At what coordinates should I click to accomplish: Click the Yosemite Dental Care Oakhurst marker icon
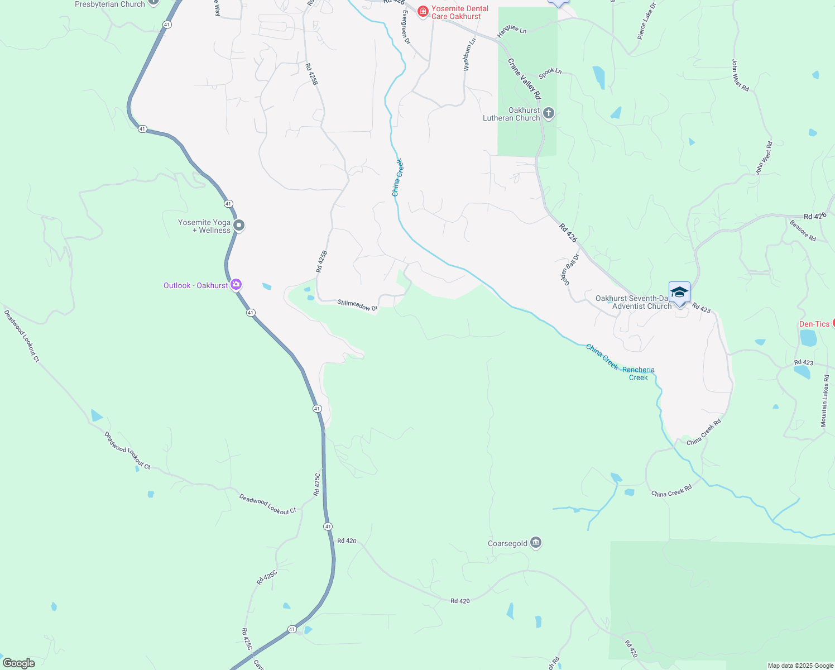(423, 11)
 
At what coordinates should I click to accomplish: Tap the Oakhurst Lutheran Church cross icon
(549, 114)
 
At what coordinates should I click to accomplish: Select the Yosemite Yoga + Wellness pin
(239, 226)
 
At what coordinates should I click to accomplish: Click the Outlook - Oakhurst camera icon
(236, 285)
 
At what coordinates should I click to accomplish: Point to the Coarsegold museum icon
(536, 543)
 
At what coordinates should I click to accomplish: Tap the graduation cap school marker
(679, 293)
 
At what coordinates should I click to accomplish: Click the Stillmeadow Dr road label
(357, 305)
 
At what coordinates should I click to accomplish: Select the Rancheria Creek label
(639, 374)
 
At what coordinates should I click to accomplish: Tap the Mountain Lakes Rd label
(824, 400)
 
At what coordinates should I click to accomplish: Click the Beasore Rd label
(803, 230)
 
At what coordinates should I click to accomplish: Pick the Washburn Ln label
(469, 54)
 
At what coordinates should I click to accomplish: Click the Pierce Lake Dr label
(646, 21)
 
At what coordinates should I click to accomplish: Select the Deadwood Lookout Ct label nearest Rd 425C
(268, 504)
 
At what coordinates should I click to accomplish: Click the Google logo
(19, 663)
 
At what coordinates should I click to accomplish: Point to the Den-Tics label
(814, 324)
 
